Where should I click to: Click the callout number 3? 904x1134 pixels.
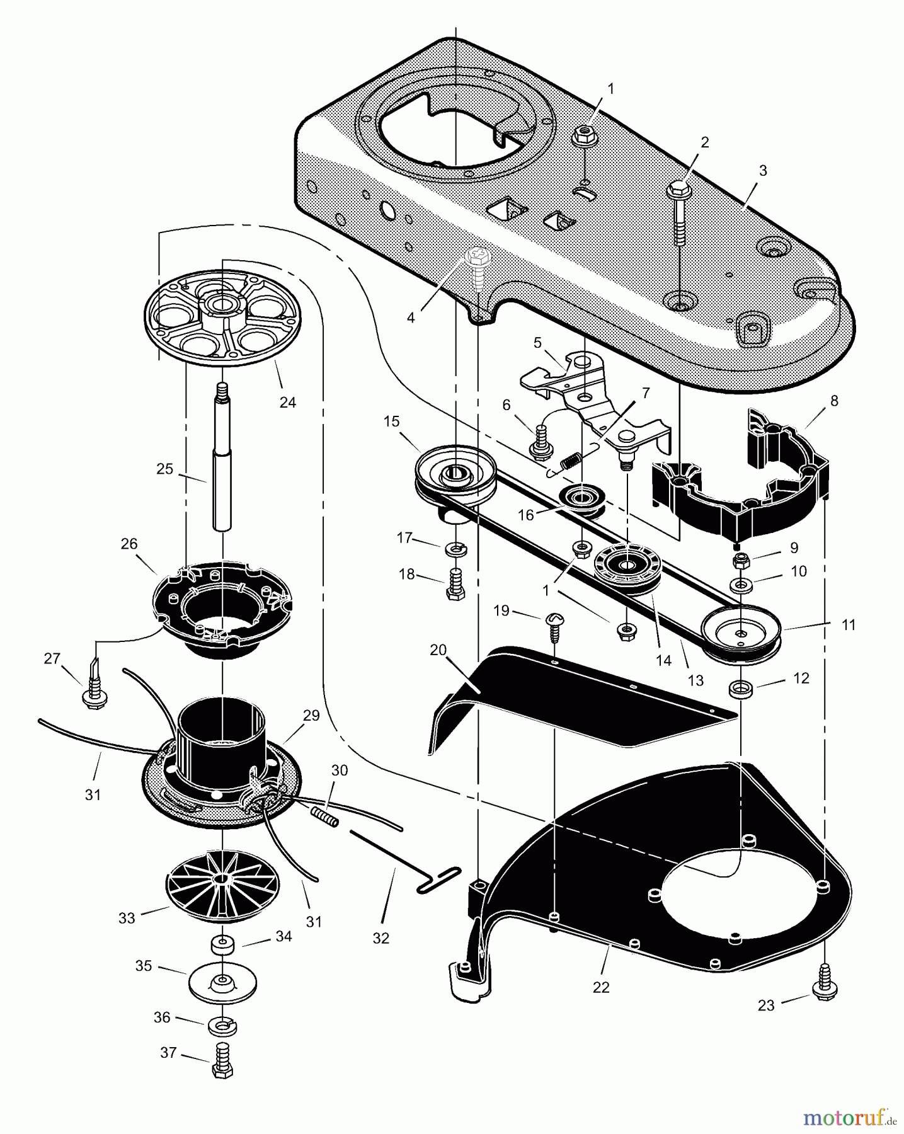click(763, 171)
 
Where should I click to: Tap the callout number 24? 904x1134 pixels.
click(287, 402)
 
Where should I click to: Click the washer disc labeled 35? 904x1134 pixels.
click(222, 983)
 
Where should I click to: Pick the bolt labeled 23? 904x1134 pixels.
click(825, 987)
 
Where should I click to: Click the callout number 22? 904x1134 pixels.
click(601, 987)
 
